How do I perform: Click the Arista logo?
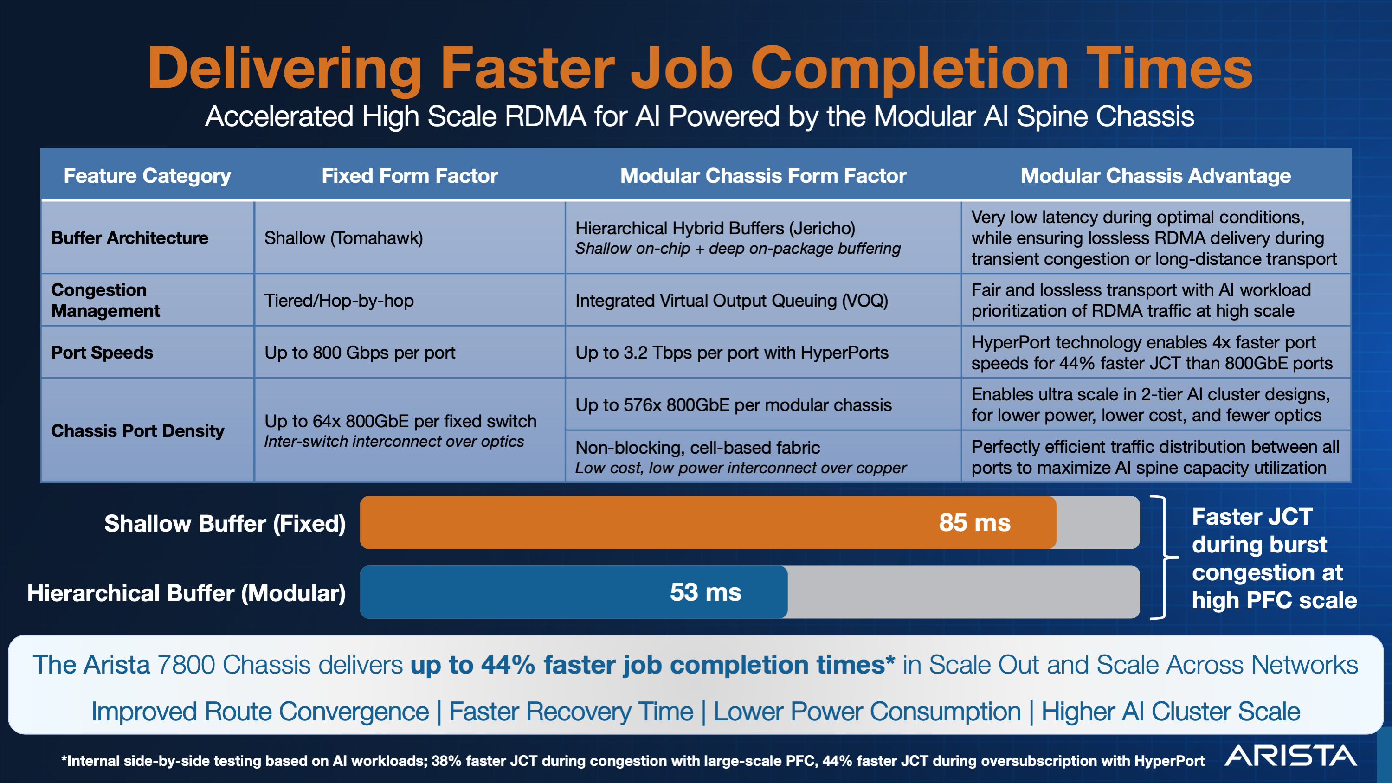pos(1290,756)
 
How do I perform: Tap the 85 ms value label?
pos(974,522)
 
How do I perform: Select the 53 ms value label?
pos(705,592)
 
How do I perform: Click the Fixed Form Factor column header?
pos(409,176)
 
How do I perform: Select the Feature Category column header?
pos(147,176)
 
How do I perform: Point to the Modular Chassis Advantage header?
pos(1155,176)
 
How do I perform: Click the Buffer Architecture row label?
pos(130,238)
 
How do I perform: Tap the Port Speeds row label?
pos(102,353)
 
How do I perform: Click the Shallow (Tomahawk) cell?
pos(344,238)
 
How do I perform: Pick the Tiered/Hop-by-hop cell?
pos(339,301)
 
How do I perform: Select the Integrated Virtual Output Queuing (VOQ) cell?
pos(731,301)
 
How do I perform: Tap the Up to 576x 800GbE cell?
pos(733,405)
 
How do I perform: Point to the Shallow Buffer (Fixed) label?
pos(225,523)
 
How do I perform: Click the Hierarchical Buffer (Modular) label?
pos(187,593)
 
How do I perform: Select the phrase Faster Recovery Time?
pos(571,711)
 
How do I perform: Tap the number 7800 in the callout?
pos(185,665)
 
